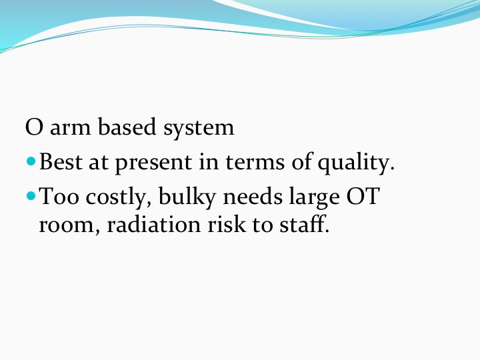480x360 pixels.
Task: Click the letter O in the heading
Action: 34,127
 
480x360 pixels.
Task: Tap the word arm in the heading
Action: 70,129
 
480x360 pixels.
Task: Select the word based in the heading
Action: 127,127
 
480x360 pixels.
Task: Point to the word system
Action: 199,129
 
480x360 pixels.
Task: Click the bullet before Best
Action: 31,161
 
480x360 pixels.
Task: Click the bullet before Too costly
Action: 31,195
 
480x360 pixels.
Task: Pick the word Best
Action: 61,161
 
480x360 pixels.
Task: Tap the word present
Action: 153,164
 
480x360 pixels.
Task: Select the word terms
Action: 255,162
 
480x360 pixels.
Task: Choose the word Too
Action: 59,197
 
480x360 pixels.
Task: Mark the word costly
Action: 119,198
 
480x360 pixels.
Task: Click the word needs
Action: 253,197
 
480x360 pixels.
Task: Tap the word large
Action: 315,198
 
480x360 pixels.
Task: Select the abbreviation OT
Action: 363,197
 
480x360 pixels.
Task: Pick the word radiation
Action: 154,224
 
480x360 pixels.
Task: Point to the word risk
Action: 227,224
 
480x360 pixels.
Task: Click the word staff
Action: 304,224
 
